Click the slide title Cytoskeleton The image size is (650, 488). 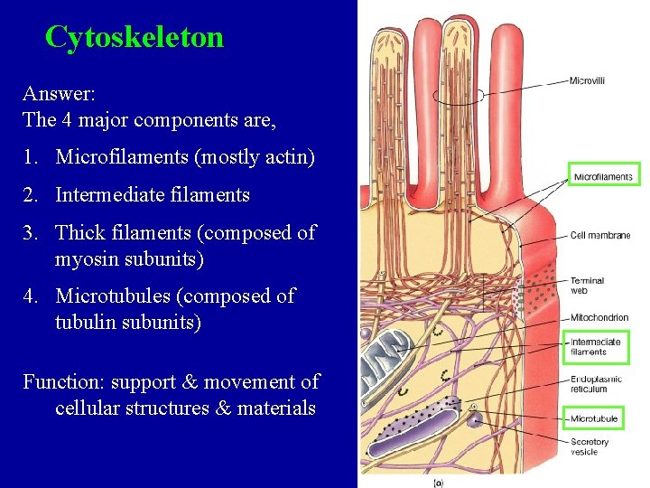pos(134,37)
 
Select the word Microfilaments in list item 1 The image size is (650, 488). pos(122,157)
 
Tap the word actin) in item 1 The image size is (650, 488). pos(286,157)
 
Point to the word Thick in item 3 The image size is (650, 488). pos(81,232)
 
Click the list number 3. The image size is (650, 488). pos(32,232)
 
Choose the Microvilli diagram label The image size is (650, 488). pos(588,80)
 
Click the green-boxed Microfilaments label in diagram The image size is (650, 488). pos(603,176)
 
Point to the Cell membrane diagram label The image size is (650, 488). pos(599,235)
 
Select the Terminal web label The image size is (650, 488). pos(588,286)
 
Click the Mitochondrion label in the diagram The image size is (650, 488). pos(599,317)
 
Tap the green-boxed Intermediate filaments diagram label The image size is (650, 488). pos(596,347)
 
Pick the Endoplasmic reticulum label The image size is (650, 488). pos(596,384)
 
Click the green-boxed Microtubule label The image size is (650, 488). pos(594,418)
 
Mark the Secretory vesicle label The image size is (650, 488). pos(590,446)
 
